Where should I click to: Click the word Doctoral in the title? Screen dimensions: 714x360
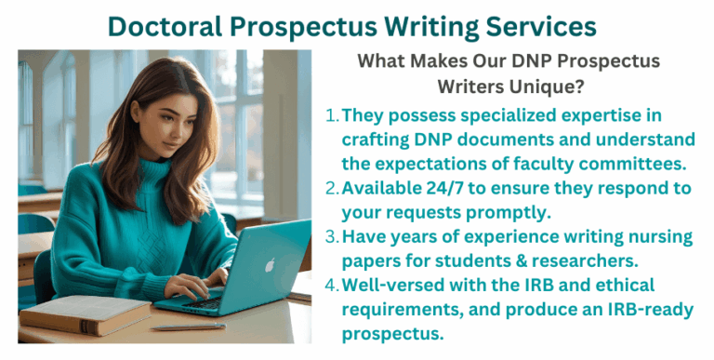[x=165, y=26]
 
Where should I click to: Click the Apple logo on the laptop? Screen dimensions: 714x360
[x=270, y=264]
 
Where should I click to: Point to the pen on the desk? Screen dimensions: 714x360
[x=189, y=327]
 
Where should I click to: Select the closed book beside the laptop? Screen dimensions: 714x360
[x=86, y=315]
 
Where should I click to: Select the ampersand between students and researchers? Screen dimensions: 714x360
[x=521, y=260]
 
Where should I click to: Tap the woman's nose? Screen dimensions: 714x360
[x=172, y=133]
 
